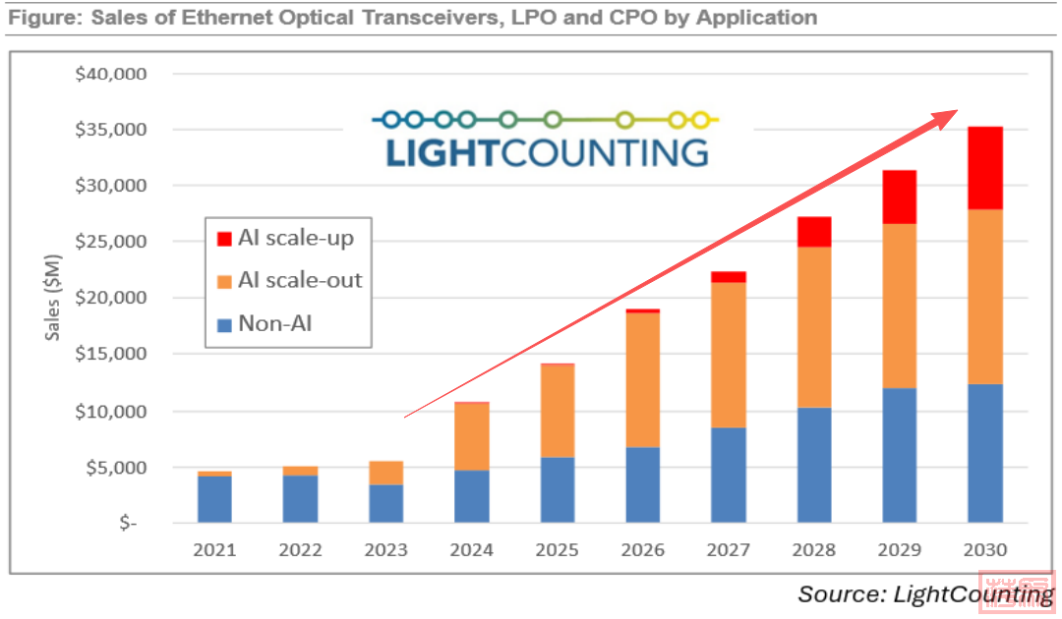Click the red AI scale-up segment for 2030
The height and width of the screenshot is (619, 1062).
click(985, 168)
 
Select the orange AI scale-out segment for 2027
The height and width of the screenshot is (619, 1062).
click(729, 355)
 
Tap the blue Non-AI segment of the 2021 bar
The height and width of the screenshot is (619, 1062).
click(215, 499)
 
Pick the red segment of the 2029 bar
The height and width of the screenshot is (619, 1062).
click(900, 197)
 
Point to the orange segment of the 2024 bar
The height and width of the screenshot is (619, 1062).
click(472, 437)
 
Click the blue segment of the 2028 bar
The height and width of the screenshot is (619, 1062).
click(814, 465)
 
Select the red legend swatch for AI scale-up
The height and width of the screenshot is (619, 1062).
click(222, 238)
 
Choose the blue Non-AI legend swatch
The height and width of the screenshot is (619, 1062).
click(222, 322)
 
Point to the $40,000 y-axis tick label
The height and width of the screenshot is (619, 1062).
click(111, 74)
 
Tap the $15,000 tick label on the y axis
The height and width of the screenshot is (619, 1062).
click(111, 355)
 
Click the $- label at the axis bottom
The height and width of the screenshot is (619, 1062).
click(129, 524)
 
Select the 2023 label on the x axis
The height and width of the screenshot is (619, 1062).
click(386, 549)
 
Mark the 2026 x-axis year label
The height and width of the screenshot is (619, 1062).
click(643, 549)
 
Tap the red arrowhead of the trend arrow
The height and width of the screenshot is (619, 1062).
click(947, 116)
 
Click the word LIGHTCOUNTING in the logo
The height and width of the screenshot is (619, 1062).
click(547, 153)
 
